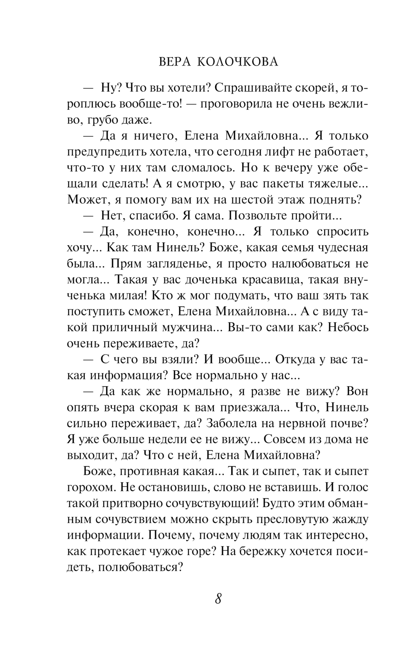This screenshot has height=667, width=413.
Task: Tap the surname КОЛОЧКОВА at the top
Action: point(237,62)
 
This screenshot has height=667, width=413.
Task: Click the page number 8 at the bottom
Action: point(218,598)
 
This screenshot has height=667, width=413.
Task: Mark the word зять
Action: point(333,296)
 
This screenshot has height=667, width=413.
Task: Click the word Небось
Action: point(345,328)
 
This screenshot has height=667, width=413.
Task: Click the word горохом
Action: point(91,487)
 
